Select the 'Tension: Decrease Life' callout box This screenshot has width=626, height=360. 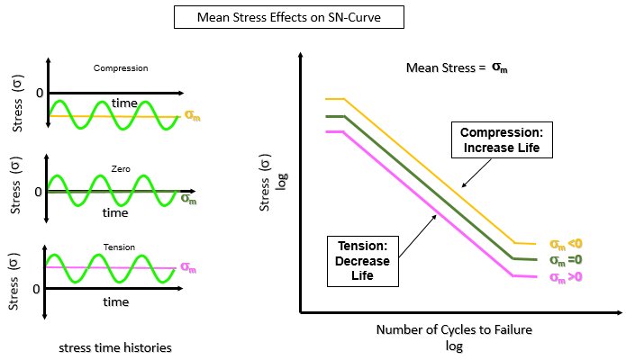[x=362, y=261]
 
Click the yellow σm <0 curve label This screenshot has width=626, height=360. [x=567, y=243]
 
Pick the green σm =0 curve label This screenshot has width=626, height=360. [x=567, y=259]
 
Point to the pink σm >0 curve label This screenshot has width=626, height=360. [x=567, y=275]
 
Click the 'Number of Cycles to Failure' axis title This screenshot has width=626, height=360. [x=454, y=330]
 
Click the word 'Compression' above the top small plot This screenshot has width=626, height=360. [x=120, y=67]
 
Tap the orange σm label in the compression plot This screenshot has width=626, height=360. [x=192, y=115]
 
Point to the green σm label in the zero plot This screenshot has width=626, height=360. [x=189, y=198]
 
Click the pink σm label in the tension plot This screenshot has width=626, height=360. [x=189, y=267]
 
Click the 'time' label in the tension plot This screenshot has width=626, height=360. [x=115, y=302]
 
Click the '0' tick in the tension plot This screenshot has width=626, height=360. [x=36, y=289]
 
